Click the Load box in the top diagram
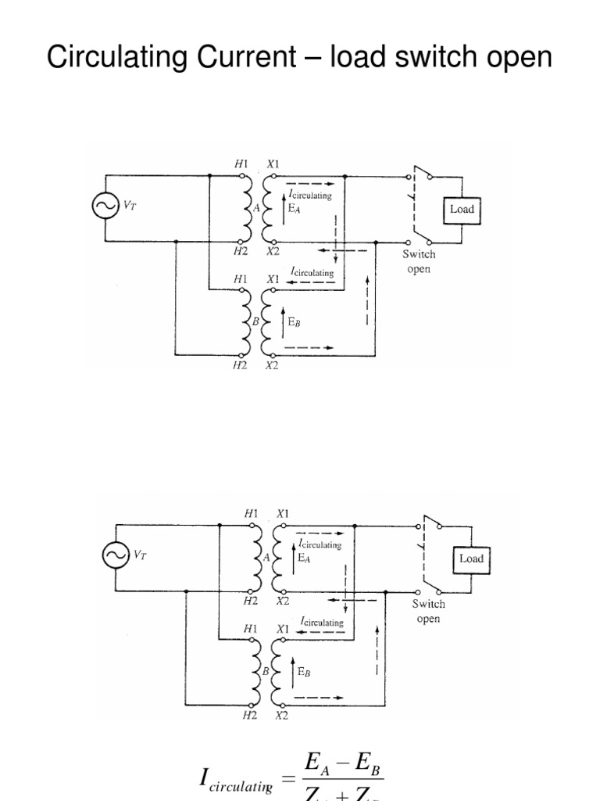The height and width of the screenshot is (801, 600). (462, 209)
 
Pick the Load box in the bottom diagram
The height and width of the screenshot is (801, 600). (471, 559)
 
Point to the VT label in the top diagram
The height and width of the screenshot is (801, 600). (130, 204)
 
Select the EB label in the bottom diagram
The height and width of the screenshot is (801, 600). (305, 670)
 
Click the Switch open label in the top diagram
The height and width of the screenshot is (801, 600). (419, 261)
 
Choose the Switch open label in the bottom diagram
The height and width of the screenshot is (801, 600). (429, 611)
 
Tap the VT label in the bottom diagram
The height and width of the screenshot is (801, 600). (140, 555)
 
